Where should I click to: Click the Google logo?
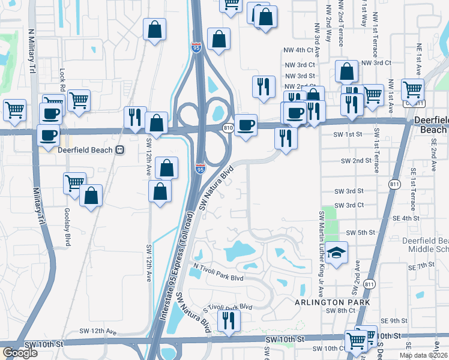(20, 353)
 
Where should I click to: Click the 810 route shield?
(228, 128)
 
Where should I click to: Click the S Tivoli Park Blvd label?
(228, 307)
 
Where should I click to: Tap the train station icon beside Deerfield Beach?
(120, 150)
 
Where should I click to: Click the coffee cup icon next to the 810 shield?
(245, 125)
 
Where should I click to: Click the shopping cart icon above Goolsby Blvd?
(74, 183)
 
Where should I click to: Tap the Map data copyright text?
(424, 355)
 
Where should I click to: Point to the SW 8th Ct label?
(341, 310)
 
